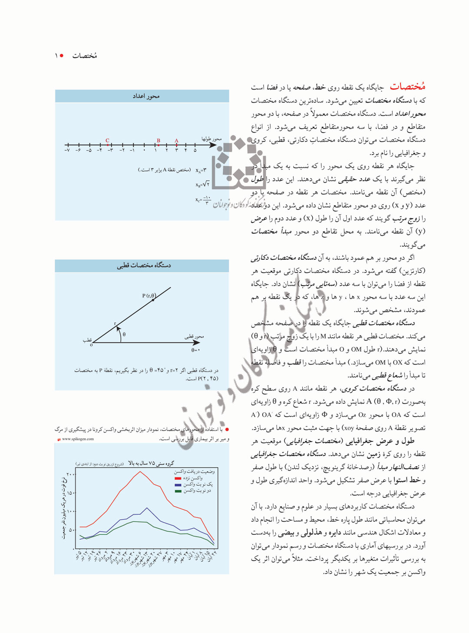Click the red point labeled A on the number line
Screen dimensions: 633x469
(x=176, y=145)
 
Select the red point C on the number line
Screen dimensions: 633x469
(x=108, y=145)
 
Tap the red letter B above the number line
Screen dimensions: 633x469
(x=159, y=140)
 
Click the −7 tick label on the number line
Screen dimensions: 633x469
(x=67, y=150)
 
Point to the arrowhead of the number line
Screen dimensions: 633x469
(x=213, y=145)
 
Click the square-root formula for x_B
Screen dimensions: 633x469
(x=203, y=184)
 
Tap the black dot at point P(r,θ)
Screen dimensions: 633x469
(x=153, y=300)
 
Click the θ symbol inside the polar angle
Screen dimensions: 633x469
(x=124, y=335)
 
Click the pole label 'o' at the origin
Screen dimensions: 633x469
(x=91, y=345)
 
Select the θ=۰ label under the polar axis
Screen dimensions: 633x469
(x=195, y=350)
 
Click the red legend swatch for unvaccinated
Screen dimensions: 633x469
(x=178, y=478)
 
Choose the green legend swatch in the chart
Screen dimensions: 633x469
(x=178, y=491)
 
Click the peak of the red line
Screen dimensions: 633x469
(x=140, y=472)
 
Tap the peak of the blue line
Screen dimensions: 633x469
(x=147, y=508)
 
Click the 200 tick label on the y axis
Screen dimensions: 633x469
(x=70, y=474)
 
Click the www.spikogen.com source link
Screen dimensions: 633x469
(x=78, y=439)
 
